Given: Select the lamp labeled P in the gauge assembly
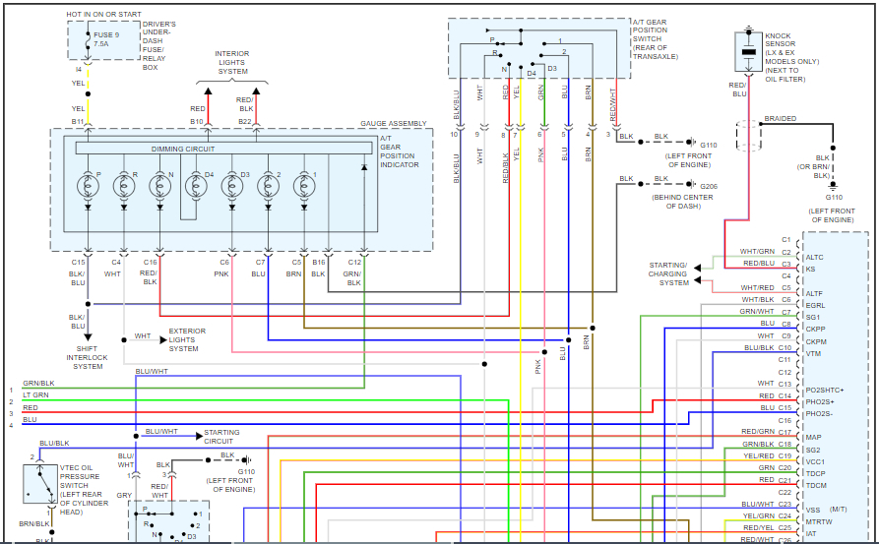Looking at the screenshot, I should [x=88, y=183].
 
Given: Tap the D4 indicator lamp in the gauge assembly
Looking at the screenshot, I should [x=196, y=183].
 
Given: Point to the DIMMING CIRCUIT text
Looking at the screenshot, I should [x=183, y=149].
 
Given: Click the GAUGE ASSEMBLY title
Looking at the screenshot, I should [x=394, y=123].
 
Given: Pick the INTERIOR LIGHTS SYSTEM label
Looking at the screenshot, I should [x=232, y=62].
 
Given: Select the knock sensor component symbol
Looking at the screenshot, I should [x=748, y=50].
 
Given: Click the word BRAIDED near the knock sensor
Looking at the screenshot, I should [x=781, y=118].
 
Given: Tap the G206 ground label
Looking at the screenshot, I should [x=709, y=186].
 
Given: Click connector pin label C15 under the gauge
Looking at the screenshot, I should [x=79, y=263].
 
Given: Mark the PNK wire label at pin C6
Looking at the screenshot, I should [x=224, y=273].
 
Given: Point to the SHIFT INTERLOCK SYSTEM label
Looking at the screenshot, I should [x=88, y=359].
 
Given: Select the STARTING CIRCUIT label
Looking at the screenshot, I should [x=221, y=437].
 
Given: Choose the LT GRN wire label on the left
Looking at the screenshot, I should [x=35, y=394].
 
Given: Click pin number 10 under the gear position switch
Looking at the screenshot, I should [x=455, y=134].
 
